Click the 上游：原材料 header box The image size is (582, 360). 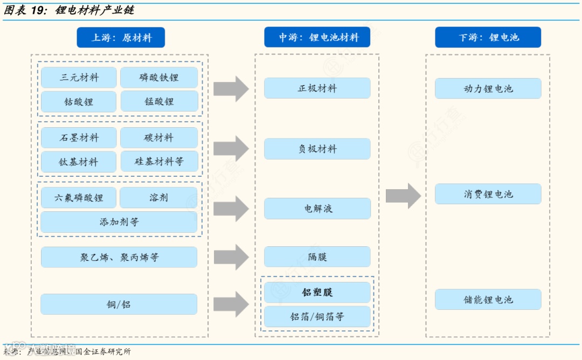[x=121, y=38]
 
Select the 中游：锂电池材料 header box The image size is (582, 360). [x=318, y=38]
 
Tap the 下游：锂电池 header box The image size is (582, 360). [x=488, y=38]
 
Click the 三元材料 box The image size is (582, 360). [x=79, y=78]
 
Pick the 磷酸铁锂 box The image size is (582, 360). [x=158, y=78]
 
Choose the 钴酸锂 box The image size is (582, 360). [x=79, y=101]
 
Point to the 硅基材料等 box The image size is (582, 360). [x=158, y=161]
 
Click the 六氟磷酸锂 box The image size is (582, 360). [x=79, y=197]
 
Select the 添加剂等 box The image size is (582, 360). [x=119, y=221]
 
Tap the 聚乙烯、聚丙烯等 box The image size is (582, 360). [x=119, y=257]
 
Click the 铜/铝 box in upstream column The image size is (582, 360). [x=119, y=304]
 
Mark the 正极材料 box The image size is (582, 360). [x=317, y=88]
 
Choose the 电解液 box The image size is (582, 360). [x=317, y=209]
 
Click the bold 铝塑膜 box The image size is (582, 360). [x=317, y=292]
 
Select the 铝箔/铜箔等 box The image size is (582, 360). [x=317, y=316]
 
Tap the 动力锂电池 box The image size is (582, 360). [x=488, y=88]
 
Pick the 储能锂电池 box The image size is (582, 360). [x=488, y=299]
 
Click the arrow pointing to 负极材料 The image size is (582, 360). [x=231, y=149]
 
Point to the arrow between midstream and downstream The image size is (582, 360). [x=403, y=196]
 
